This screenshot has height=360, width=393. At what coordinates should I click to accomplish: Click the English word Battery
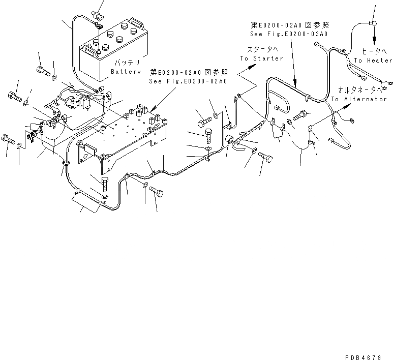(126, 72)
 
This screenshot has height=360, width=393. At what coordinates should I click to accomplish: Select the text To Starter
(261, 58)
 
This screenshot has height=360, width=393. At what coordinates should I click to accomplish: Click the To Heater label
(373, 61)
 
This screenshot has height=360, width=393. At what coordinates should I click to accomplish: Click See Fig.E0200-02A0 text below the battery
(188, 81)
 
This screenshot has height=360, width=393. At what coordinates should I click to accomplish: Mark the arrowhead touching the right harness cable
(296, 82)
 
